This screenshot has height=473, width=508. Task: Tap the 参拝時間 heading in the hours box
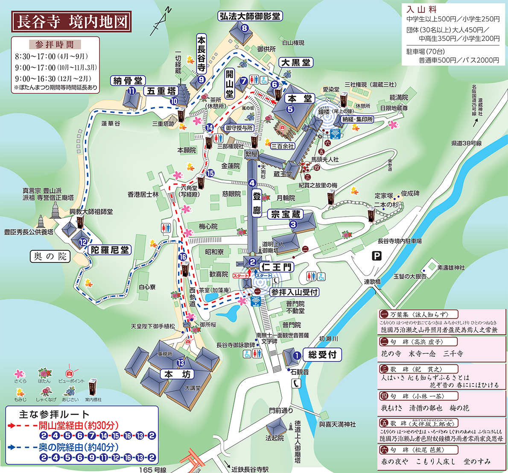coord(55,44)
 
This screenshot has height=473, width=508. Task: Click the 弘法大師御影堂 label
coord(250,16)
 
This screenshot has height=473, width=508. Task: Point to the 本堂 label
coord(300,98)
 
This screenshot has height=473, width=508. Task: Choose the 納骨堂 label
coord(128,81)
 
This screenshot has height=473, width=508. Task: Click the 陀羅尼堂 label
coord(110,250)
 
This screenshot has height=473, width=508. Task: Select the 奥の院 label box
coord(50,256)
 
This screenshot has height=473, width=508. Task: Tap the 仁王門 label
coord(277,267)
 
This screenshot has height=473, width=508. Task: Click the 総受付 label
coord(322,354)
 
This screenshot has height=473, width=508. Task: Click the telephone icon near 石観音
coord(297,384)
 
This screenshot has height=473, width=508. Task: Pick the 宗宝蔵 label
coord(286,214)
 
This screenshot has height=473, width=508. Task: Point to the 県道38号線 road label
coord(467,144)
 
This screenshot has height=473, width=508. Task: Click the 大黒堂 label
coord(296,63)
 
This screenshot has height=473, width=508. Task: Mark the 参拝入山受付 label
coord(295,292)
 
